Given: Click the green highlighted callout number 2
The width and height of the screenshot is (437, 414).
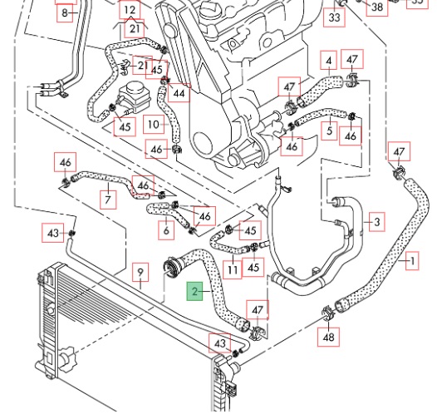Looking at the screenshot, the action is click(x=194, y=291).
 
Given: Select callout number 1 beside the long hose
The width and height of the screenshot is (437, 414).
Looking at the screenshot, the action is click(x=412, y=261).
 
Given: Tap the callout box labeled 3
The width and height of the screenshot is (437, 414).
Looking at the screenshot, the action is click(x=377, y=222).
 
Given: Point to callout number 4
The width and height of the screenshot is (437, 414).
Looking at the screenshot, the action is click(x=329, y=60).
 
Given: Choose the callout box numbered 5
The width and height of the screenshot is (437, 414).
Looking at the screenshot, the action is click(x=329, y=131).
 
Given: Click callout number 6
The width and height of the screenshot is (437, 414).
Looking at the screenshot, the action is click(x=166, y=230).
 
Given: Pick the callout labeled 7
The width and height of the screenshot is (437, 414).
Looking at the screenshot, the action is click(x=108, y=200).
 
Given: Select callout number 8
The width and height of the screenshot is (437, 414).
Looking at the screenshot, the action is click(x=65, y=12).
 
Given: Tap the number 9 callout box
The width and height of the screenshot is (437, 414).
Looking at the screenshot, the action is click(x=140, y=272).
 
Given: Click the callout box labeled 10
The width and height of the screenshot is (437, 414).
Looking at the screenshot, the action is click(x=154, y=125).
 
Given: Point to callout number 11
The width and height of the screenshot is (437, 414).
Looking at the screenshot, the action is click(x=233, y=269).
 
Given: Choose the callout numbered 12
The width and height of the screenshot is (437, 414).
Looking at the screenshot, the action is click(x=130, y=10).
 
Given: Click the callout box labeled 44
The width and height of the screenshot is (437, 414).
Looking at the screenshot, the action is click(x=179, y=93).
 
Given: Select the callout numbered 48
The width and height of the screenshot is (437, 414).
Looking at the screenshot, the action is click(x=328, y=337).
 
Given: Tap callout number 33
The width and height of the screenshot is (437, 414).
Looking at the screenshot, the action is click(x=335, y=17).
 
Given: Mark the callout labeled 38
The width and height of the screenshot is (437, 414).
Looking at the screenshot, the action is click(x=377, y=7).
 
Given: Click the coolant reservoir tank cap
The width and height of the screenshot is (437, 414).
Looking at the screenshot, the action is click(x=135, y=87).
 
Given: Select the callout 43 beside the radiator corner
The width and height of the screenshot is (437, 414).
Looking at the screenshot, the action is click(x=220, y=343).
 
